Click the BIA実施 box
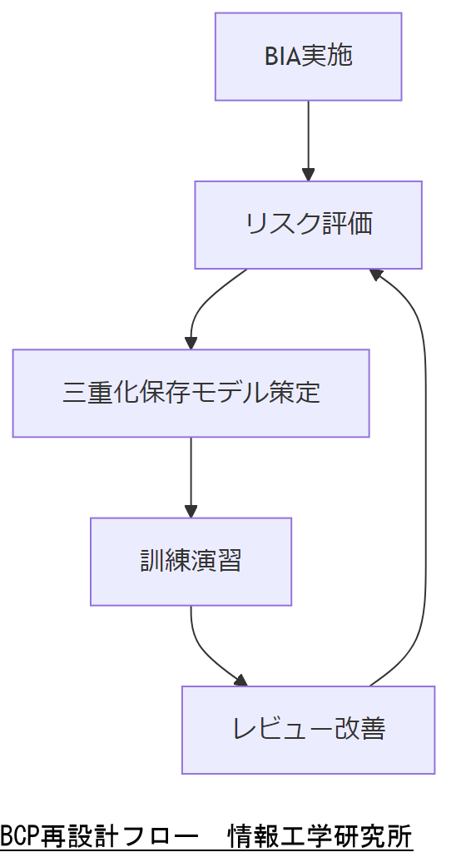(x=308, y=57)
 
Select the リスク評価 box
(x=308, y=225)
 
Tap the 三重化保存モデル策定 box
(x=191, y=393)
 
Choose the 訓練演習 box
(x=191, y=561)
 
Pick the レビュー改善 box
(x=308, y=730)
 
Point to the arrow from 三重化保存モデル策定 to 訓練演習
(x=191, y=476)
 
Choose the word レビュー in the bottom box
(x=281, y=730)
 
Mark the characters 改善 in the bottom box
(x=359, y=730)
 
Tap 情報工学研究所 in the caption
(x=321, y=835)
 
